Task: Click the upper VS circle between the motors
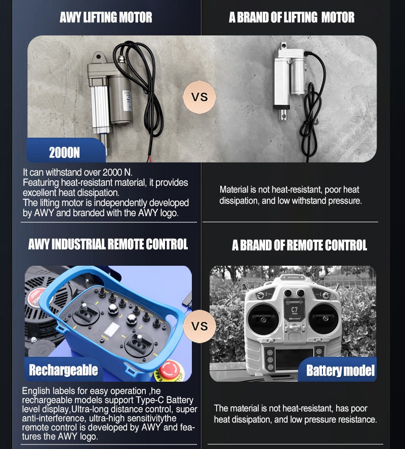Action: (199, 97)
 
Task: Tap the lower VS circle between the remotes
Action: (199, 326)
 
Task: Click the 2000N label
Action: (64, 153)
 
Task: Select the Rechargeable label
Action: (63, 370)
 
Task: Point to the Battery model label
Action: (340, 371)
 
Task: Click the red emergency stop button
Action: (170, 370)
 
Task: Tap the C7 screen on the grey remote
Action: (294, 309)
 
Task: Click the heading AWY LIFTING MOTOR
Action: (106, 17)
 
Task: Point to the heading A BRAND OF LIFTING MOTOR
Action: (292, 17)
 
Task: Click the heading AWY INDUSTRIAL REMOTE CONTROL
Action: (108, 244)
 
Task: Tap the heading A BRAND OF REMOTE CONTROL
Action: (299, 245)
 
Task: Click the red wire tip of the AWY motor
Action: (149, 159)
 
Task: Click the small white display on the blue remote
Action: (111, 330)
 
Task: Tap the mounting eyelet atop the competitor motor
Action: (284, 45)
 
